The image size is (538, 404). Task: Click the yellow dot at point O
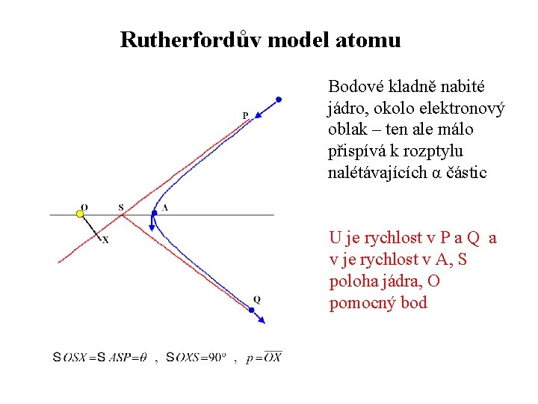pos(81,214)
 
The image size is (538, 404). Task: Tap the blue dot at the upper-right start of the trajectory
pos(279,99)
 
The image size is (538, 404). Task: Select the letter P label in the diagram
pos(245,114)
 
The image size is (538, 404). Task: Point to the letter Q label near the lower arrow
pos(256,300)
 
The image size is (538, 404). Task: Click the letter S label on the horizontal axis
pos(121,206)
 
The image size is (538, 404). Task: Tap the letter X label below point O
pos(105,240)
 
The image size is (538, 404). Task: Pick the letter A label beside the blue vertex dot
pos(164,206)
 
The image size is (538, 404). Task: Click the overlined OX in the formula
pos(273,357)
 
